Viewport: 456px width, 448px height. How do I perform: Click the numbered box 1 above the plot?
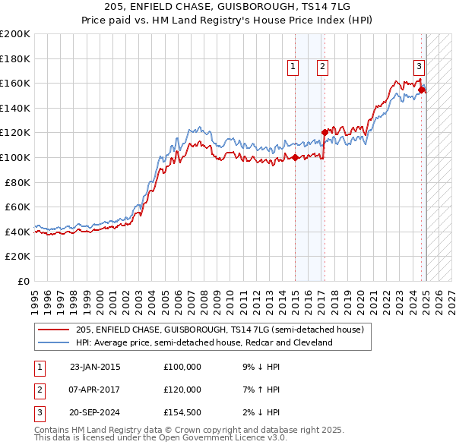point(293,67)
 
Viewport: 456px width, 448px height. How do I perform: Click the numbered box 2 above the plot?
point(323,67)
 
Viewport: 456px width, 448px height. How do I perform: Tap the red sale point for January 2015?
point(295,158)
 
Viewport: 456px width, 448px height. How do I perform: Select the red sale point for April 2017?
point(325,133)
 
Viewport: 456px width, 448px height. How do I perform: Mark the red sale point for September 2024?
point(422,90)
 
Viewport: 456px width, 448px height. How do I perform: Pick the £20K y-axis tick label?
point(17,256)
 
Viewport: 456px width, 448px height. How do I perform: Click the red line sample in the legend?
point(54,330)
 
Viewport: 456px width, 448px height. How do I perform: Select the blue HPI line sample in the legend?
point(54,343)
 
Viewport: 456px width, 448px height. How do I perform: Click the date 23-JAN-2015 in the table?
point(95,367)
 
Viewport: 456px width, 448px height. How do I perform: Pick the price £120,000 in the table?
point(182,390)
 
